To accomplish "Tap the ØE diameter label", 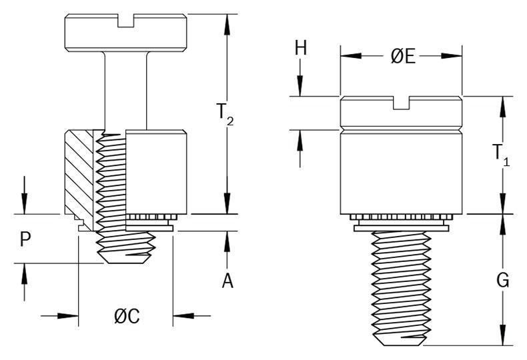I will coord(402,57).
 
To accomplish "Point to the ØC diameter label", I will coord(127,317).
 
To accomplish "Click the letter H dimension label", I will coord(301,48).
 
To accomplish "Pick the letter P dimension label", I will coord(25,239).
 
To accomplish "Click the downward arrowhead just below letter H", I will coord(301,86).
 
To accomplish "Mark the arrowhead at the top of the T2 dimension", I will coord(227,24).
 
